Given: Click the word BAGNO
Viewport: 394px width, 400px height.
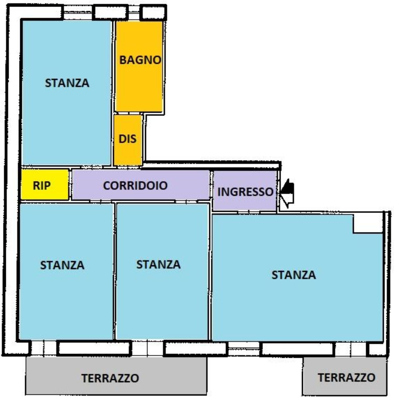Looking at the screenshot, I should [140, 60].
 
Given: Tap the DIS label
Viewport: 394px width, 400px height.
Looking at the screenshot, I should [127, 139].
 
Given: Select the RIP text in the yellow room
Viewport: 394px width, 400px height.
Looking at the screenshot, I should [42, 186].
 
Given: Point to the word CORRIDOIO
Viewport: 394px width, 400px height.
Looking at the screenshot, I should [135, 186].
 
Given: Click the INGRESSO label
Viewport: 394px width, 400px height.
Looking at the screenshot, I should [245, 192].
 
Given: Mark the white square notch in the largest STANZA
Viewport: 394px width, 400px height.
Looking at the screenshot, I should [367, 223].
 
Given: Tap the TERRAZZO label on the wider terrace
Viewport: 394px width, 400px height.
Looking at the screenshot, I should [110, 378].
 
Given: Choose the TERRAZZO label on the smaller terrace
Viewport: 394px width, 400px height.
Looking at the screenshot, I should [346, 377].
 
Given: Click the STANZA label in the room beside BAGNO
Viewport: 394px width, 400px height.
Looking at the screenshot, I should [67, 83].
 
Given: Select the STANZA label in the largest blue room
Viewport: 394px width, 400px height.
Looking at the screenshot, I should [293, 275].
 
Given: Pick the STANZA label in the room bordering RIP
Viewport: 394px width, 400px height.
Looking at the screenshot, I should [62, 265].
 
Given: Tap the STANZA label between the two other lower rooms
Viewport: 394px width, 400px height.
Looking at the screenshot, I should [158, 265].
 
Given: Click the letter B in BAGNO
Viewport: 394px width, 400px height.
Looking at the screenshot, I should [123, 60].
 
